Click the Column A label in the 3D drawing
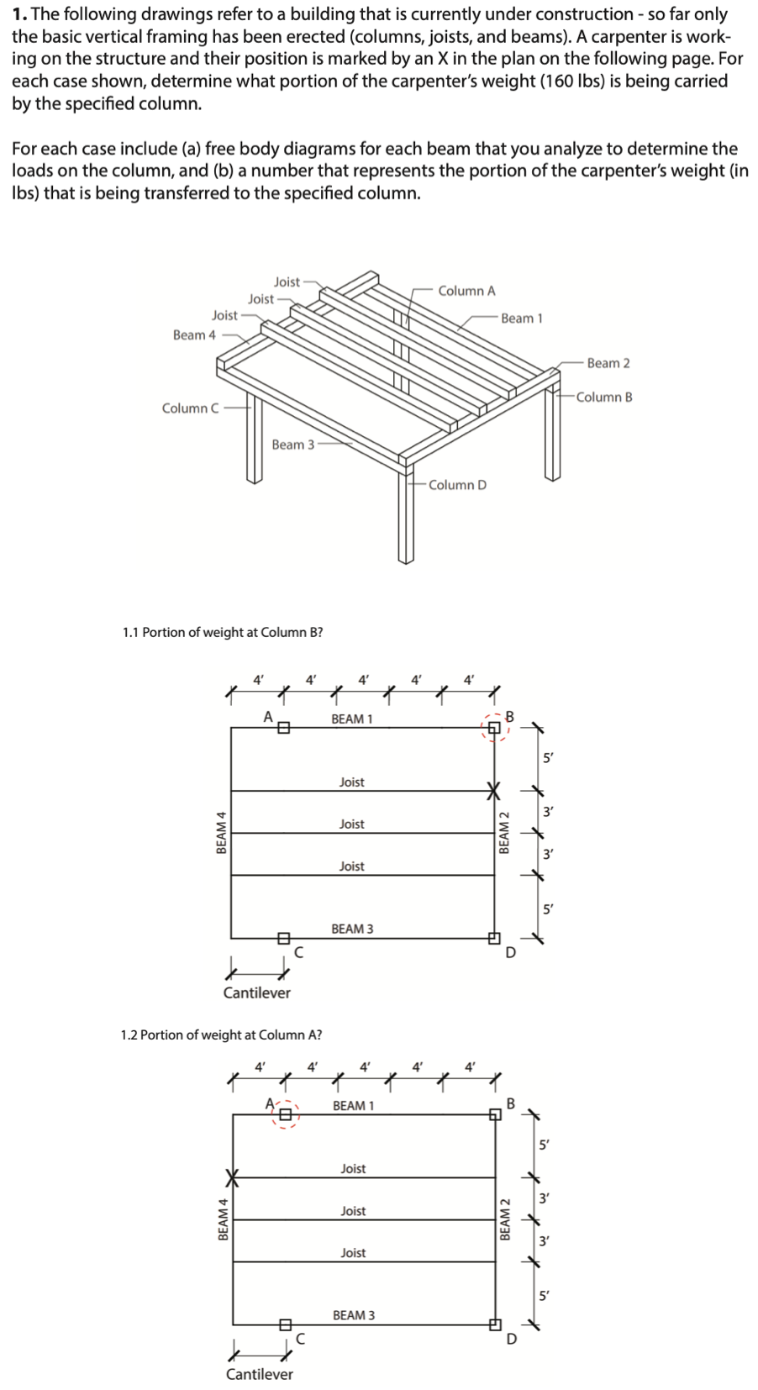tap(466, 291)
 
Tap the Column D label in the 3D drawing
tap(457, 485)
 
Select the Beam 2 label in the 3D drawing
tap(608, 363)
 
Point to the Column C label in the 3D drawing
tap(191, 408)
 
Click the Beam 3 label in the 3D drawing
tap(293, 445)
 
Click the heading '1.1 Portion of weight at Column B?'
tap(223, 632)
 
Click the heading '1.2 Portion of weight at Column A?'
tap(221, 1035)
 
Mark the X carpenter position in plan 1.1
tap(494, 791)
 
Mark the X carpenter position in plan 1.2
tap(233, 1177)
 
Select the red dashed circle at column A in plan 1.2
tap(286, 1114)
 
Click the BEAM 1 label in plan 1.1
tap(352, 719)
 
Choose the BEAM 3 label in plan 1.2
tap(354, 1315)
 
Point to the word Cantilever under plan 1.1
tap(257, 993)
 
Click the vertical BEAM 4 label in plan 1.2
tap(223, 1219)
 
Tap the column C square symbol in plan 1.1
tap(283, 938)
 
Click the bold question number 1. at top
tap(19, 14)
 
